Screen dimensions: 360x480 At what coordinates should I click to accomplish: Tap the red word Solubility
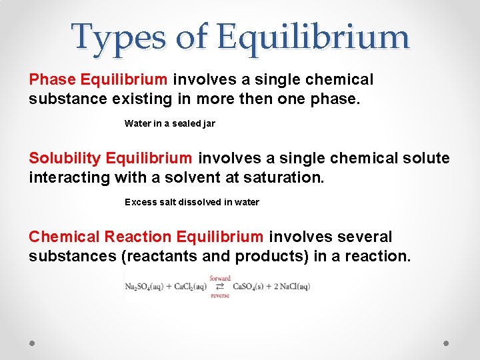click(65, 159)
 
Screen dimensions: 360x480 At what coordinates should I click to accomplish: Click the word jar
click(207, 123)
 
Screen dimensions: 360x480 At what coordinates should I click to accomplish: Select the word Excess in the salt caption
click(140, 202)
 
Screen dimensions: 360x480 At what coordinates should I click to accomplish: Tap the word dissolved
click(200, 202)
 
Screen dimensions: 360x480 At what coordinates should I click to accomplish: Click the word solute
click(425, 159)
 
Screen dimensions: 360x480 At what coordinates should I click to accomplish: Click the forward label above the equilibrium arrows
click(220, 278)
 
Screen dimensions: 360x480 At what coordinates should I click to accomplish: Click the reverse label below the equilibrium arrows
click(220, 295)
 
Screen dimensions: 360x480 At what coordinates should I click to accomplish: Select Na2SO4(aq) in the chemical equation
click(145, 287)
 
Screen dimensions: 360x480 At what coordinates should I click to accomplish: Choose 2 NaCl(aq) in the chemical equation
click(292, 287)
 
